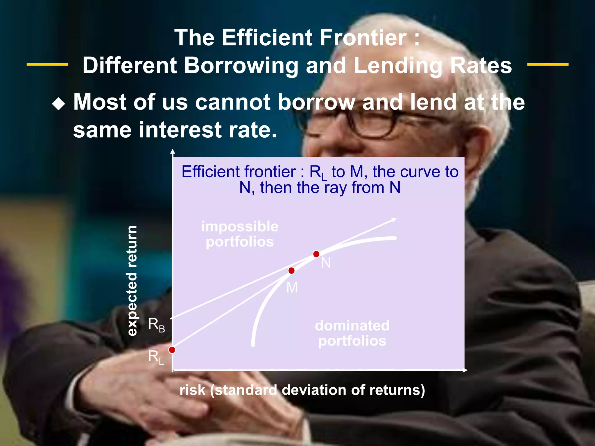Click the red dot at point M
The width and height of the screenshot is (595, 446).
pos(291,271)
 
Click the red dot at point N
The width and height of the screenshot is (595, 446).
pos(316,254)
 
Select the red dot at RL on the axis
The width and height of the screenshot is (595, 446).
pos(172,350)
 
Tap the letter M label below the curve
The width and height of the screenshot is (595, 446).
pos(292,288)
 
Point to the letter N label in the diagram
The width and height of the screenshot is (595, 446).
pos(326,263)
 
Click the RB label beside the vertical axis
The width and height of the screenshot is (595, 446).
pos(156,325)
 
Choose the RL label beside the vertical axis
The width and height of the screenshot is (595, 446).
pos(156,357)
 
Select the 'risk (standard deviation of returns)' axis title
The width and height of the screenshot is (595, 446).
pos(302,390)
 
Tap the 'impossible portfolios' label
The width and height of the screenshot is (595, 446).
pos(240,234)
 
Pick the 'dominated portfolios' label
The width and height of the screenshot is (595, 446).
pos(352,333)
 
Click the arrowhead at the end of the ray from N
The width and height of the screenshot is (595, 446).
pos(394,220)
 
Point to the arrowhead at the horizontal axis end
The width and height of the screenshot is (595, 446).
pos(465,370)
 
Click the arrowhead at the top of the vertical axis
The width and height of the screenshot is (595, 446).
pos(173,151)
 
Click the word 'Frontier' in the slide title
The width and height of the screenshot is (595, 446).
pos(363,37)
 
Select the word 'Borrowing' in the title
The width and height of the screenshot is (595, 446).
pos(241,65)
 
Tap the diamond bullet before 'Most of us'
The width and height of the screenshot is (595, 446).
pos(59,104)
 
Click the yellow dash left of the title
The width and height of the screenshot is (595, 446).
pos(47,64)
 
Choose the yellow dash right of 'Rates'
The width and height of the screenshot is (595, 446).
pos(548,64)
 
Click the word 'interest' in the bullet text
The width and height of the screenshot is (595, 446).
pos(180,130)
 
